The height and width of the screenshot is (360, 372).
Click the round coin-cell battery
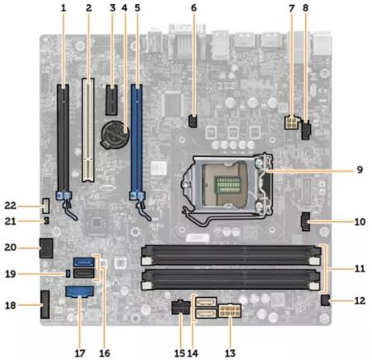point(114,135)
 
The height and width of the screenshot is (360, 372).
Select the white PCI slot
point(88,130)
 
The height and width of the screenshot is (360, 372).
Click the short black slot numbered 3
point(112,100)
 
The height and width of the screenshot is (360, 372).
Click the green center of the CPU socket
point(228,184)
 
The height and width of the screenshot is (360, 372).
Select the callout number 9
point(360,169)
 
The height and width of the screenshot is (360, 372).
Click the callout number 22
point(11,206)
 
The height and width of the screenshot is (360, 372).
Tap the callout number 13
point(230,353)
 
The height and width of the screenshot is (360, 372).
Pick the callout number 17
point(80,353)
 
